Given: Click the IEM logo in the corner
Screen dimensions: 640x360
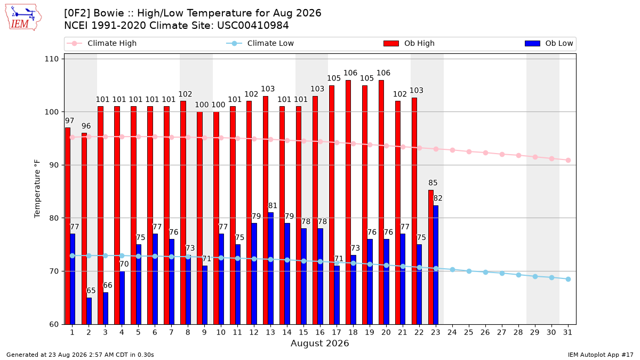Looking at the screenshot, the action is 23,18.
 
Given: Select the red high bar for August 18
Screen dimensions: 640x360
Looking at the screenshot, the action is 348,202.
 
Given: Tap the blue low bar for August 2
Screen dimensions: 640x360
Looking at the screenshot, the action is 89,311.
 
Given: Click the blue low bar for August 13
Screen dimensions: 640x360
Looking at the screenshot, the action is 270,268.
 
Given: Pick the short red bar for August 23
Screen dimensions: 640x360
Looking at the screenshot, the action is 431,257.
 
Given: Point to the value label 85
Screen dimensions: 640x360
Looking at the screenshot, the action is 433,182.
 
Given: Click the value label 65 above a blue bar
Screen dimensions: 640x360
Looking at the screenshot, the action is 91,291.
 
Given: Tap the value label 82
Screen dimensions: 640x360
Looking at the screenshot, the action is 438,198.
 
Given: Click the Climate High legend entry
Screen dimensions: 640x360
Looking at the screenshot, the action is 102,43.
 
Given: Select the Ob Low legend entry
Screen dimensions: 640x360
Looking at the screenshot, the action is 549,43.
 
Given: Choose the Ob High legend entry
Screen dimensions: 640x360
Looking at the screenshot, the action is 409,43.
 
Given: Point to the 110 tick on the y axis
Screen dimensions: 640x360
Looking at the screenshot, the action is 51,59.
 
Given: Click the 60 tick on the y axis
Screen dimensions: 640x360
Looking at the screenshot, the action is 54,324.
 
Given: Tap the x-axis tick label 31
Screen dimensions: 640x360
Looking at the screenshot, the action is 567,332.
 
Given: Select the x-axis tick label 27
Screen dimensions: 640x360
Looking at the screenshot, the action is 501,332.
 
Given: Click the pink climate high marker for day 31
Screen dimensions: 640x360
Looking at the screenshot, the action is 568,161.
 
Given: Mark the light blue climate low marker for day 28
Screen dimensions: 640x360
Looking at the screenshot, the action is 518,275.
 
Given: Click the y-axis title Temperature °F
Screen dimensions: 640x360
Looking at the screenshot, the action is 37,189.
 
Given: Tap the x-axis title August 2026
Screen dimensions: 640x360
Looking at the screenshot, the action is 319,343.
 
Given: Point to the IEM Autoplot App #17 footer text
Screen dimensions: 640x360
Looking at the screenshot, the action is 601,355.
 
